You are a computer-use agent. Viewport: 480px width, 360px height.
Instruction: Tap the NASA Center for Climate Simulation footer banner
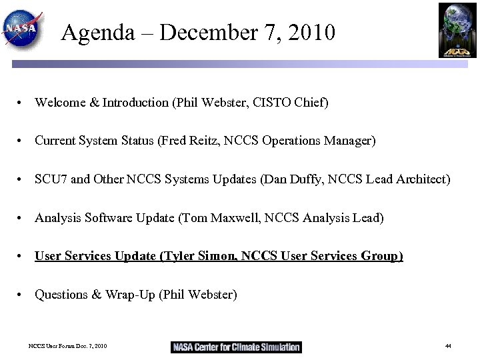[237, 347]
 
